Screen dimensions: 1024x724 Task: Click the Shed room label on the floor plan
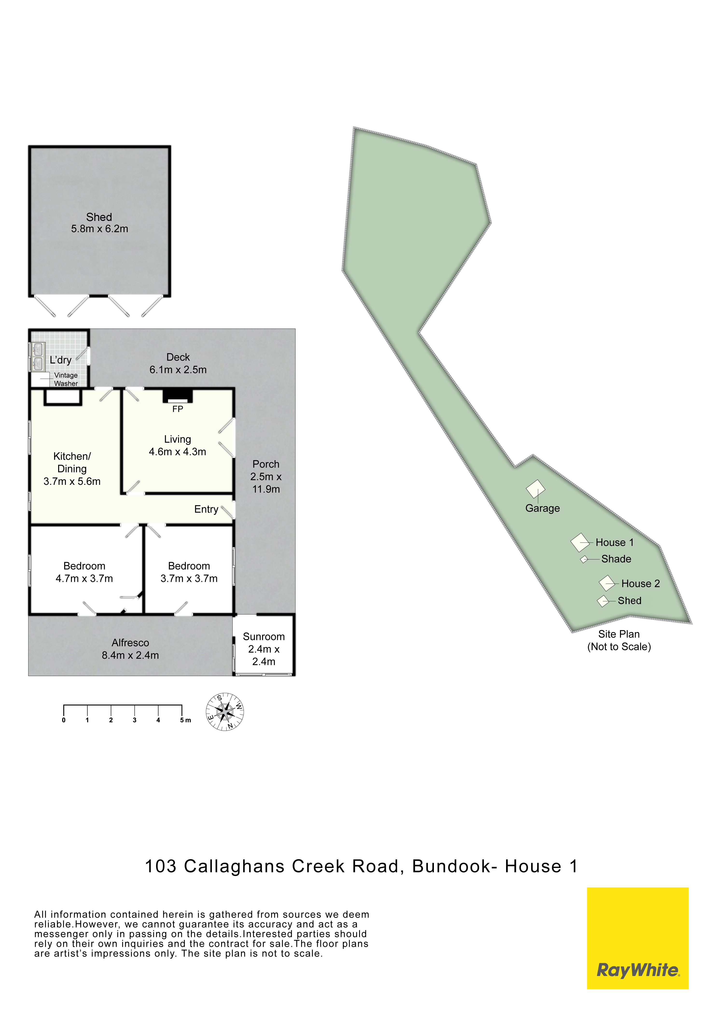coord(99,217)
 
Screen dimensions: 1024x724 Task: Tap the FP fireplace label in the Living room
coord(177,409)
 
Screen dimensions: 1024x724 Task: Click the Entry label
coord(206,509)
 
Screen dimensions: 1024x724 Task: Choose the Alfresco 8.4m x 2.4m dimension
coord(130,655)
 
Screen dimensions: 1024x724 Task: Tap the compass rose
coord(225,712)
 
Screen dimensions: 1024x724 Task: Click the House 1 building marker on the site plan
coord(580,542)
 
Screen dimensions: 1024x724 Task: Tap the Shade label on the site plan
coord(616,559)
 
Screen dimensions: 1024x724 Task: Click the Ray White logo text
coord(638,970)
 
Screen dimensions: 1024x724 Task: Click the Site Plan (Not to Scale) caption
coord(619,640)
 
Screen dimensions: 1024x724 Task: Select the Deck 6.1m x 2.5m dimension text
coord(178,370)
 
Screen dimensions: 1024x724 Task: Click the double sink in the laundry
coord(38,357)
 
